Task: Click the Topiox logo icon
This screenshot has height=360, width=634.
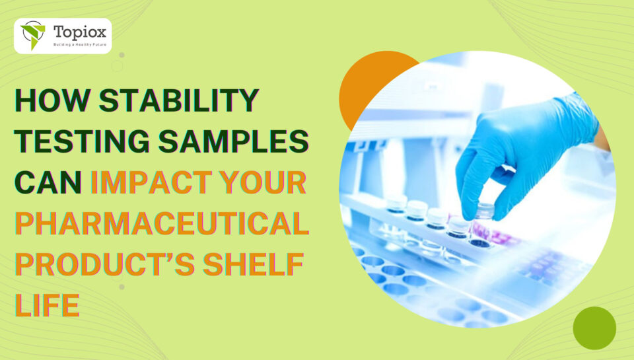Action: [x=32, y=35]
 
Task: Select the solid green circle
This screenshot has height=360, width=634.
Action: [x=594, y=328]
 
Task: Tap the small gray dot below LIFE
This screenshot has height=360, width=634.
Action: [x=122, y=287]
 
